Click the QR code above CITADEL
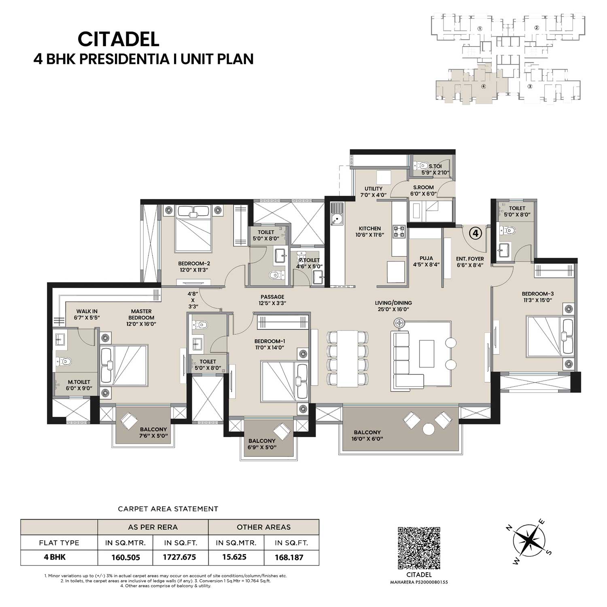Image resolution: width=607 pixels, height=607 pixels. (419, 548)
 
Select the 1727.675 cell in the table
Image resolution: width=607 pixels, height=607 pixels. (179, 557)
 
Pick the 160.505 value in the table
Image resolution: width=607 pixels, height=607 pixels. (126, 557)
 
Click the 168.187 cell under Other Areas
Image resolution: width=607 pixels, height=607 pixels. (289, 557)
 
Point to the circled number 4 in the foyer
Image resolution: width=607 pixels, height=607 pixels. (476, 233)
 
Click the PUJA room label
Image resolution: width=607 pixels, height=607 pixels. (426, 258)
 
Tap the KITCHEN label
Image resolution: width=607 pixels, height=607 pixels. (369, 229)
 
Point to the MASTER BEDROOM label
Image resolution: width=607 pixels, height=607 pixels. (141, 314)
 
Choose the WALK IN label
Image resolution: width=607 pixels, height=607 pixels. (87, 312)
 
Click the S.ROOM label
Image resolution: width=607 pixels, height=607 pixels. (423, 187)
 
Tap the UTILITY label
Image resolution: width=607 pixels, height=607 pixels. (373, 189)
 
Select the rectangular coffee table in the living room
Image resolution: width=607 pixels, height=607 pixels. (427, 353)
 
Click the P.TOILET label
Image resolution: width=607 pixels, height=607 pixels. (309, 260)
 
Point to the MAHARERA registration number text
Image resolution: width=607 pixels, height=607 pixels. (419, 582)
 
